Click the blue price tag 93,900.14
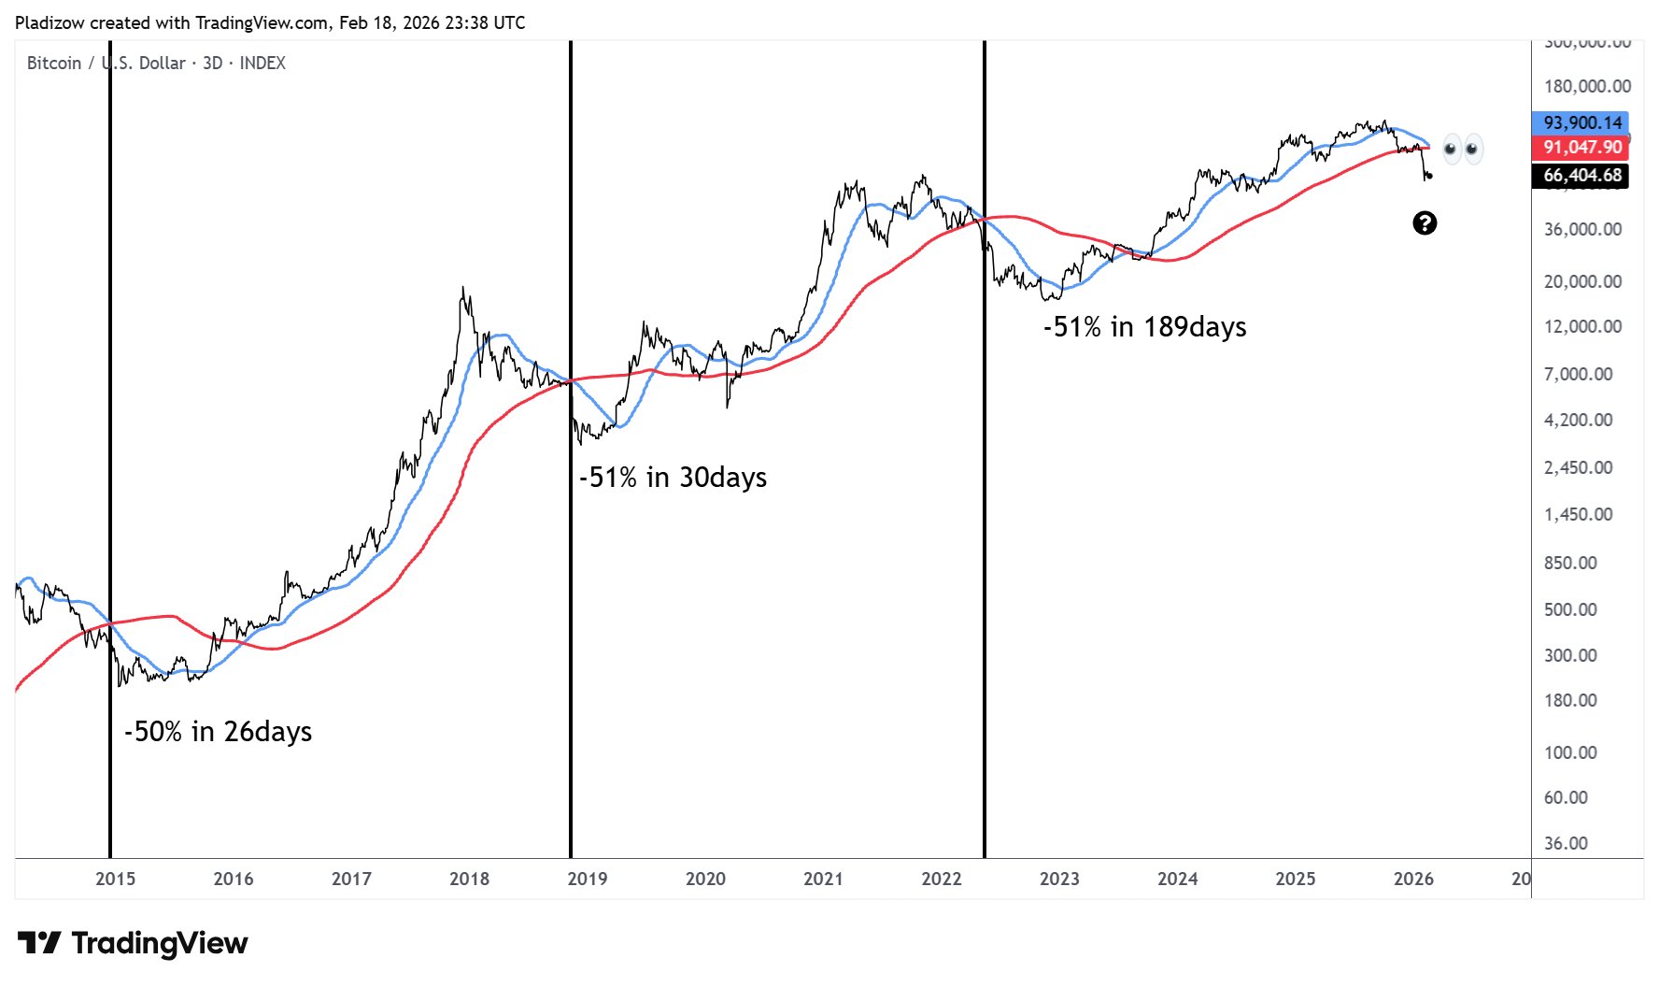pyautogui.click(x=1581, y=122)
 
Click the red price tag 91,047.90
pyautogui.click(x=1581, y=147)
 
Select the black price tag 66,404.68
pyautogui.click(x=1581, y=175)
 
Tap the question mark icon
pyautogui.click(x=1424, y=222)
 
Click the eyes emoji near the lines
pyautogui.click(x=1461, y=149)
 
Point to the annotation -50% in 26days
pyautogui.click(x=218, y=731)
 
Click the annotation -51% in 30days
pyautogui.click(x=673, y=477)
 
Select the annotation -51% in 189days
pyautogui.click(x=1144, y=326)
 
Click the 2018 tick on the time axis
pyautogui.click(x=469, y=879)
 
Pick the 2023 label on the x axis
pyautogui.click(x=1059, y=879)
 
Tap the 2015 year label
pyautogui.click(x=115, y=879)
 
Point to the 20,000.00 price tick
pyautogui.click(x=1582, y=281)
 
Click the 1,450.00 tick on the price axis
pyautogui.click(x=1578, y=514)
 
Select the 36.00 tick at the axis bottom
pyautogui.click(x=1566, y=843)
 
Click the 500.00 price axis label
pyautogui.click(x=1570, y=609)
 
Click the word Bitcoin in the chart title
pyautogui.click(x=54, y=63)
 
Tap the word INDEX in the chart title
pyautogui.click(x=262, y=63)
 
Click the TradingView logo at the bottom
pyautogui.click(x=133, y=943)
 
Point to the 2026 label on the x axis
pyautogui.click(x=1412, y=879)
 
